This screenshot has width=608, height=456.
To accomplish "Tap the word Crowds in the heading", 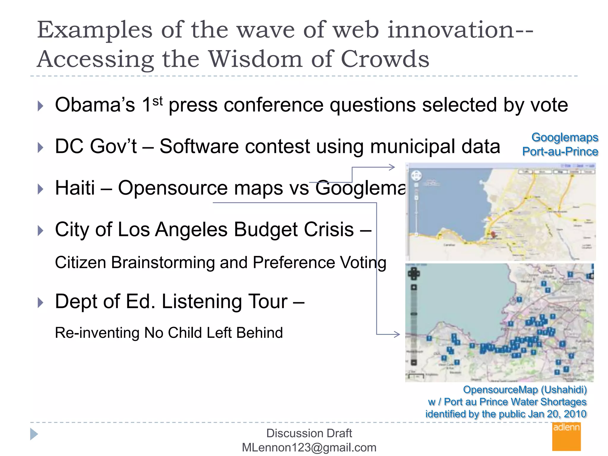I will [x=385, y=59].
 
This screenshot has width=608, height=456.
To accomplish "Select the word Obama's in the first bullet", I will [x=95, y=105].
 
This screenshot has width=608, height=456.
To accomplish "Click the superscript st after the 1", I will [x=158, y=101].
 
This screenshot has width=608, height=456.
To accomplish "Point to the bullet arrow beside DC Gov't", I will [x=41, y=147].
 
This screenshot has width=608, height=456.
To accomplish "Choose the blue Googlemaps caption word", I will [x=565, y=137].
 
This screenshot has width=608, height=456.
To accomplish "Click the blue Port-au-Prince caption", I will [x=560, y=152].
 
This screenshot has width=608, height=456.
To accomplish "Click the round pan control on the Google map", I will [x=416, y=176].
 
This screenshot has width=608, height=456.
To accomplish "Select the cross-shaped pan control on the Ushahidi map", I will [x=414, y=273].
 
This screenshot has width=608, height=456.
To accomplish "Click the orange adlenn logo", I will [x=566, y=437].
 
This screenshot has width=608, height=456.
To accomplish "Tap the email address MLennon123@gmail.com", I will [x=309, y=447].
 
